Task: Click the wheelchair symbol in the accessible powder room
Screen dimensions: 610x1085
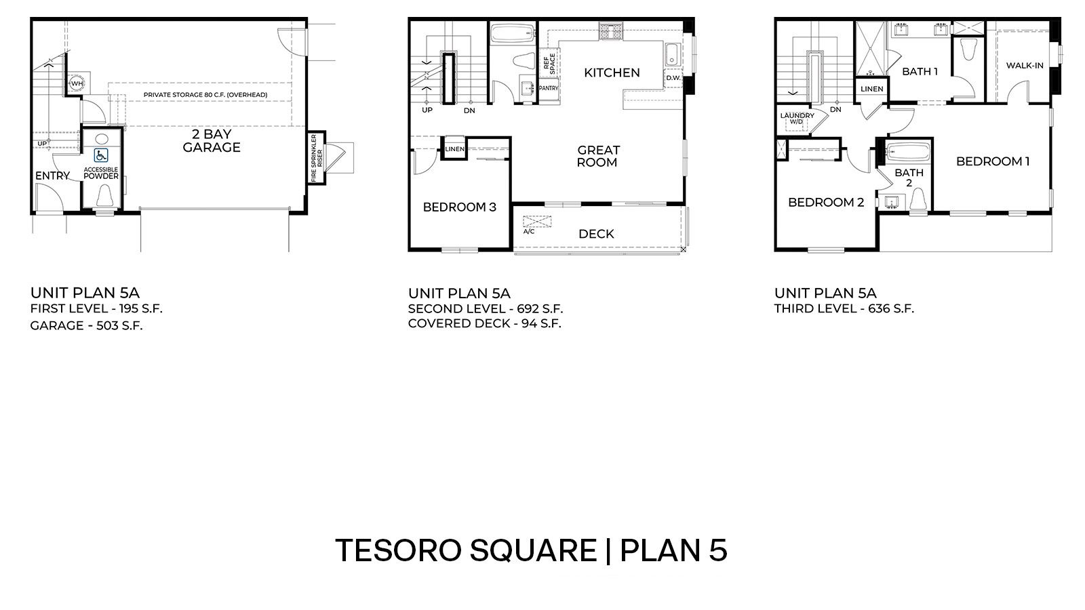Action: point(101,155)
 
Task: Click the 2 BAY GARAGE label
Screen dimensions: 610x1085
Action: point(212,141)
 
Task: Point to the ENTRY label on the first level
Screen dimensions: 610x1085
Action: point(52,176)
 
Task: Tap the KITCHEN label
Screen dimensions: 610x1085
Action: point(612,73)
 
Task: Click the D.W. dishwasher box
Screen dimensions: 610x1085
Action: point(673,78)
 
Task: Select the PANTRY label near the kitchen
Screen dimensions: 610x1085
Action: point(548,88)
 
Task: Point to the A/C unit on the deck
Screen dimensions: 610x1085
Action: point(537,222)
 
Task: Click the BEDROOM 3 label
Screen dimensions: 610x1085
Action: point(459,207)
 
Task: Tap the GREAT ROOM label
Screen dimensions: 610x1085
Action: point(597,156)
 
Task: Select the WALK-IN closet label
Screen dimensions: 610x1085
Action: point(1025,65)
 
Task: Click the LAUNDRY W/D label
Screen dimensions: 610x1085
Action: point(797,119)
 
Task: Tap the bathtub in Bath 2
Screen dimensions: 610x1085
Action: point(907,151)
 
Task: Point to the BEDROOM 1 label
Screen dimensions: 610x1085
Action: point(993,161)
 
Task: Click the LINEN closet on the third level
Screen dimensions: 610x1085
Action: point(871,89)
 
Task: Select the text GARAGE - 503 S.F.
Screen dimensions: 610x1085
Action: point(86,326)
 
